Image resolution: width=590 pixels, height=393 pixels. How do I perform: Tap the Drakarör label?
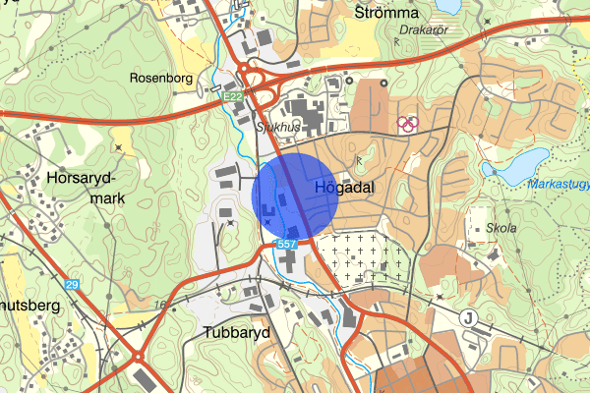pos(424,30)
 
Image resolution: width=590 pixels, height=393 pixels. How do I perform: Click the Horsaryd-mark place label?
pos(82,188)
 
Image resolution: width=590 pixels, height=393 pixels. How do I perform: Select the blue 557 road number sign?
pos(287,243)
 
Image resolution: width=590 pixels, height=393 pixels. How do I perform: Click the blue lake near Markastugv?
pos(516,163)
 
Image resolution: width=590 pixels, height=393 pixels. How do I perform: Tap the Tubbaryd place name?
pos(237,332)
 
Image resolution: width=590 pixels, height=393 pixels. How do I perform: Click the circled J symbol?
pos(468,316)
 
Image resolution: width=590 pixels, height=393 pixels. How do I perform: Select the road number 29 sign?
pos(72,284)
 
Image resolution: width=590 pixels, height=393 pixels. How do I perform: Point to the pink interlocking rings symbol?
pos(407,123)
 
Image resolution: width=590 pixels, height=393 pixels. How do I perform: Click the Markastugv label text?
pos(558,184)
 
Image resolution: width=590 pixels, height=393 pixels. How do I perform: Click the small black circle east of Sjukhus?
pos(384,83)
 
